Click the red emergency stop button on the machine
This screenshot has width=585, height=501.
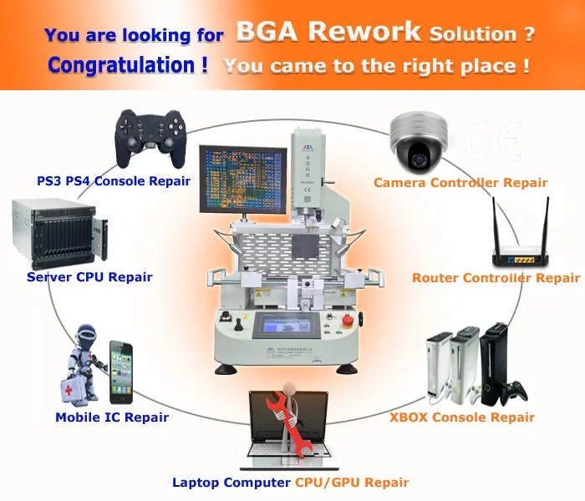[x=348, y=318]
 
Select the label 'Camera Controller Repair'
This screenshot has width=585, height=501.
[x=460, y=183]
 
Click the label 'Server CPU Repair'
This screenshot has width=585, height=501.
[x=89, y=276]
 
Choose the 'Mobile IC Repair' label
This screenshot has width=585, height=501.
[x=112, y=417]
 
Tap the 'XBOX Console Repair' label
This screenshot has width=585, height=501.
[x=462, y=417]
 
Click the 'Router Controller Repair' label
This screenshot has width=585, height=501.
[x=496, y=278]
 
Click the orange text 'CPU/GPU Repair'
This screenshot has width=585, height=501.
[x=352, y=482]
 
